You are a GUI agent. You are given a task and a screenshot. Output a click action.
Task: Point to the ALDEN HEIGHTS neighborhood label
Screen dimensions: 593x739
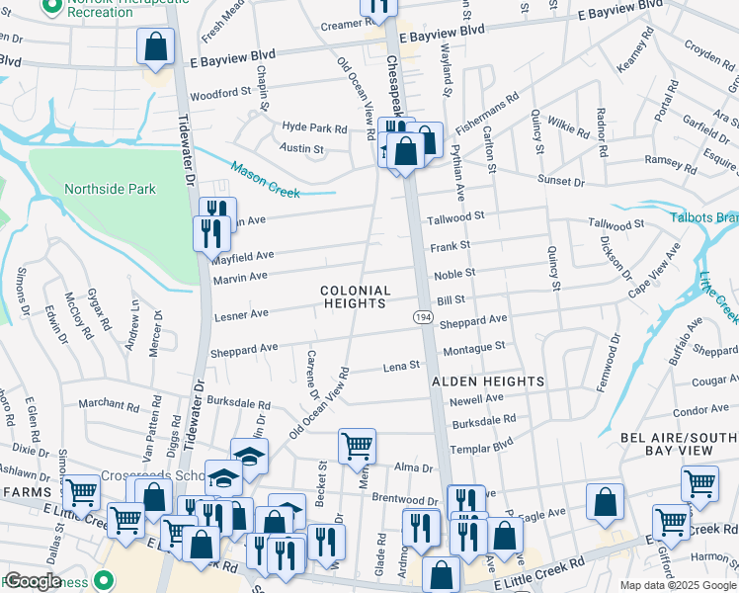(487, 381)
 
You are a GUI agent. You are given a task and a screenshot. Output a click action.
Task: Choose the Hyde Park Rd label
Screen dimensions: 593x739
(314, 128)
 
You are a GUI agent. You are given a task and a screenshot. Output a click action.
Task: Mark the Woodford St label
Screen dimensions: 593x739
(220, 94)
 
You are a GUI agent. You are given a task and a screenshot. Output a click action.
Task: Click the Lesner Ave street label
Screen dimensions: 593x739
(240, 314)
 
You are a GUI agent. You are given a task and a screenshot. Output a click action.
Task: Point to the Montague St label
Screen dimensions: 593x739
(474, 347)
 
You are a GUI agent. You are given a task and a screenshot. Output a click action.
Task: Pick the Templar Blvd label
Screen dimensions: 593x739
(482, 447)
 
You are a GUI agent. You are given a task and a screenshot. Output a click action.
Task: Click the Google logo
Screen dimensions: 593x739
(33, 582)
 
